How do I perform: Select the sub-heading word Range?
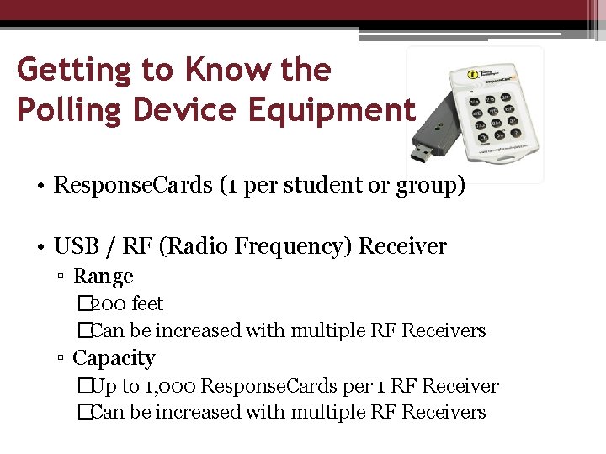pyautogui.click(x=104, y=277)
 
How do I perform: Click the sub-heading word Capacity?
pyautogui.click(x=114, y=358)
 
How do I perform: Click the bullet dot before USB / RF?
pyautogui.click(x=40, y=247)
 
